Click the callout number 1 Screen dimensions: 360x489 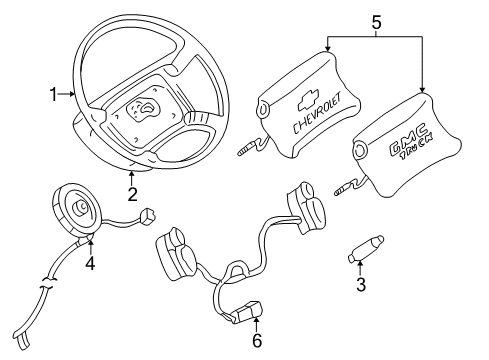coord(52,94)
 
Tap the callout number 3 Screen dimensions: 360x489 coord(361,285)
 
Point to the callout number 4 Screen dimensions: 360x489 coord(90,265)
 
